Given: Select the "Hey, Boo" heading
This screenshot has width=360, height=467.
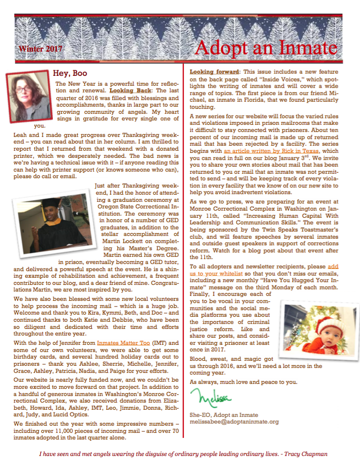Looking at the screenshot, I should (x=70, y=73).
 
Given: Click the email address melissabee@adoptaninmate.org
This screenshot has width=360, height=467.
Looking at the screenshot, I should (x=234, y=422).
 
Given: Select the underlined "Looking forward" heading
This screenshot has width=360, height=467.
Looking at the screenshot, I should (x=214, y=72).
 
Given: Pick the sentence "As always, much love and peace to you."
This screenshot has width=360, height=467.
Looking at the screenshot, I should (x=243, y=382).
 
